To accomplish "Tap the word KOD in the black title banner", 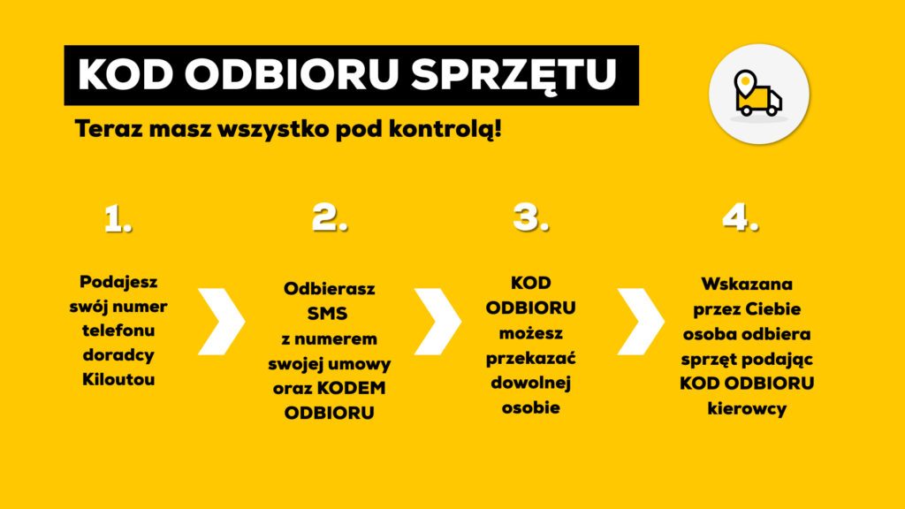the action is click(x=125, y=74).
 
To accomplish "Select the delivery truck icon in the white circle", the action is click(x=757, y=94).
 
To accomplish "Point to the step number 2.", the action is click(x=330, y=218).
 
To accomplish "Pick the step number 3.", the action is click(x=530, y=218).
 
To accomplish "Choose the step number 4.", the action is click(x=741, y=218).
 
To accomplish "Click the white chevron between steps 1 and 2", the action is click(x=222, y=322).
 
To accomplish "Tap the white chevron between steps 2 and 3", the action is click(x=437, y=322).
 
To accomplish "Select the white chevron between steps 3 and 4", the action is click(x=641, y=322).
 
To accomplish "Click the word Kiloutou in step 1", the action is click(x=118, y=379).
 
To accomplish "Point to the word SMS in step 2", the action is click(x=327, y=314).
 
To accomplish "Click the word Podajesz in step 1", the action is click(x=118, y=282).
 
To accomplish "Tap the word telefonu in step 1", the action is click(x=118, y=330).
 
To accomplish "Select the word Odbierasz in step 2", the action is click(x=329, y=289).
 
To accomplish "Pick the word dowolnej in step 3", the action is click(x=530, y=384).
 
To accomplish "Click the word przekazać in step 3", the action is click(x=530, y=359).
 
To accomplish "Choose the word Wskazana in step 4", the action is click(x=747, y=284).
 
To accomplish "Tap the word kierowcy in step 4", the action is click(x=747, y=408).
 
